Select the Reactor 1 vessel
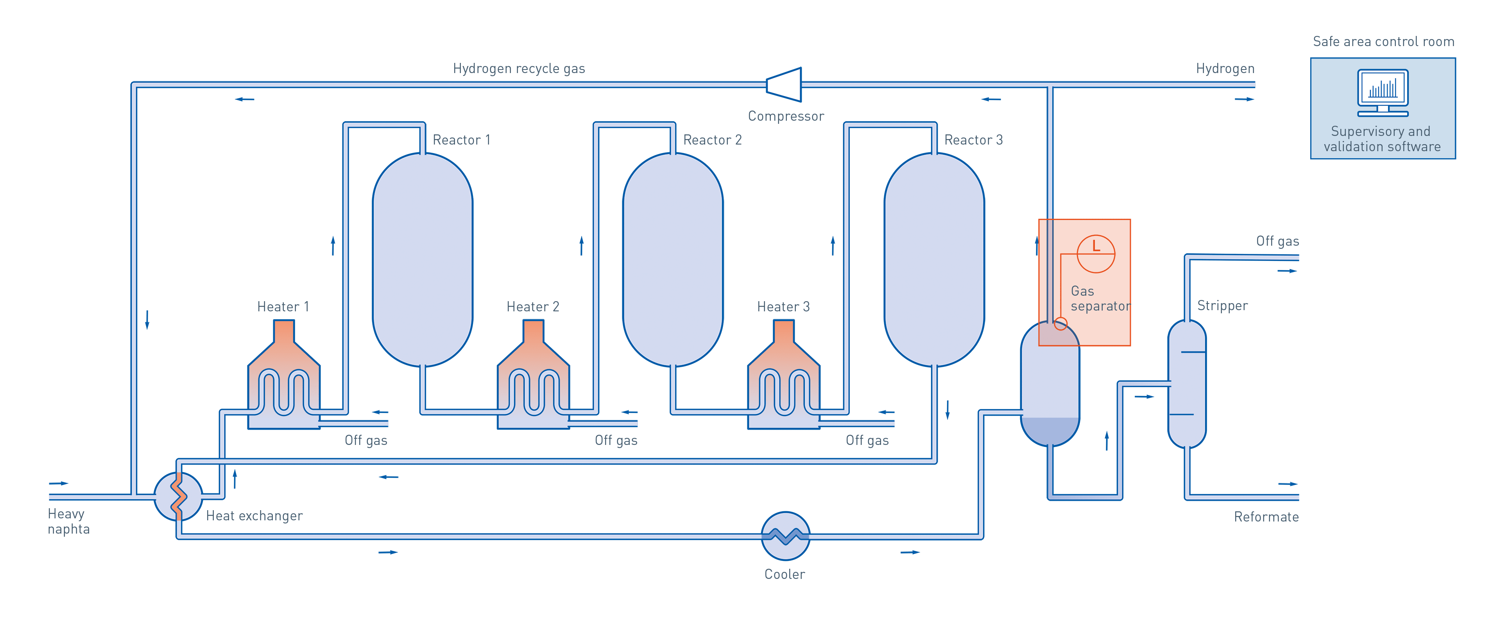click(423, 259)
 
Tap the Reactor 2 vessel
click(673, 259)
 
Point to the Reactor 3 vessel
click(934, 259)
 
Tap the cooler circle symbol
click(785, 536)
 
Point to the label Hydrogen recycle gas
click(519, 69)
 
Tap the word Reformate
click(1266, 517)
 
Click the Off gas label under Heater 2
click(616, 440)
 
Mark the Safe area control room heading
click(1383, 42)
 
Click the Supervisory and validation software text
click(1381, 139)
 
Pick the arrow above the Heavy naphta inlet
click(58, 484)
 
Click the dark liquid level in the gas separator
click(1050, 431)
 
